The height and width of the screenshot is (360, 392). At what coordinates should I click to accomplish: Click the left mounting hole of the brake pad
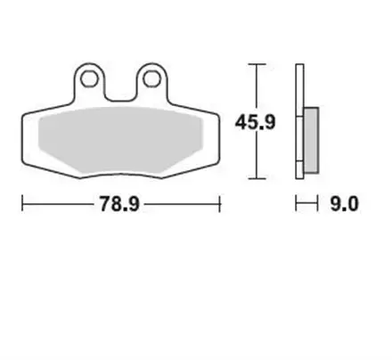point(88,79)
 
